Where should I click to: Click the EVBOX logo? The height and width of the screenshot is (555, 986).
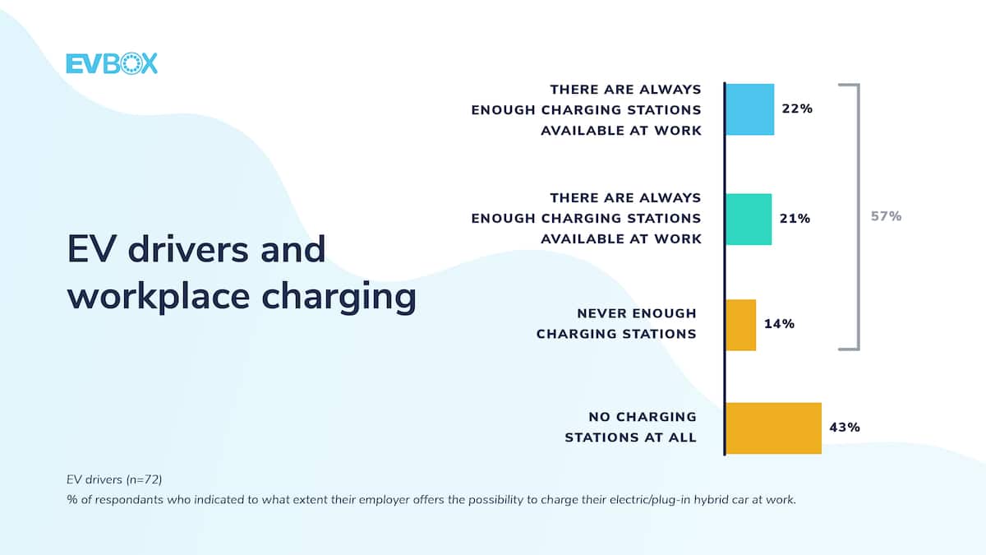(x=112, y=63)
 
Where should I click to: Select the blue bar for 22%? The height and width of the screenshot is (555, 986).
(x=750, y=109)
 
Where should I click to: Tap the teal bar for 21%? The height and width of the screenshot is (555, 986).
(x=749, y=220)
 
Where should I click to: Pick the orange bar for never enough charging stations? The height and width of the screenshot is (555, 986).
(x=741, y=325)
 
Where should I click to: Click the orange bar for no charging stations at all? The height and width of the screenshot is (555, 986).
(x=773, y=428)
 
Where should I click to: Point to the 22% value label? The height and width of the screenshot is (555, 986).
(x=797, y=109)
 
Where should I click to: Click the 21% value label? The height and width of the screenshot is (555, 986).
(x=795, y=219)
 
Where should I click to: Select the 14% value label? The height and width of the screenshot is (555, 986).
(x=779, y=324)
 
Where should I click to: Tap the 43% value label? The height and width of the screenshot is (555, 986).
(x=845, y=428)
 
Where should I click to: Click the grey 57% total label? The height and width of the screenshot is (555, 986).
(x=886, y=216)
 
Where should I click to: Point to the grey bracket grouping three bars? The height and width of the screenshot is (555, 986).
(x=858, y=217)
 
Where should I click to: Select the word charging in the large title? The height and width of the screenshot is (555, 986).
(x=339, y=298)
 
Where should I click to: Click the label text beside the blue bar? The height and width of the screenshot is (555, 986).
(x=587, y=110)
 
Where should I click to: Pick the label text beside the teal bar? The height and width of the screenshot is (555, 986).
(x=587, y=219)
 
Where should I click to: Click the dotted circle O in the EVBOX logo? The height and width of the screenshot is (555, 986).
(x=131, y=63)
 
